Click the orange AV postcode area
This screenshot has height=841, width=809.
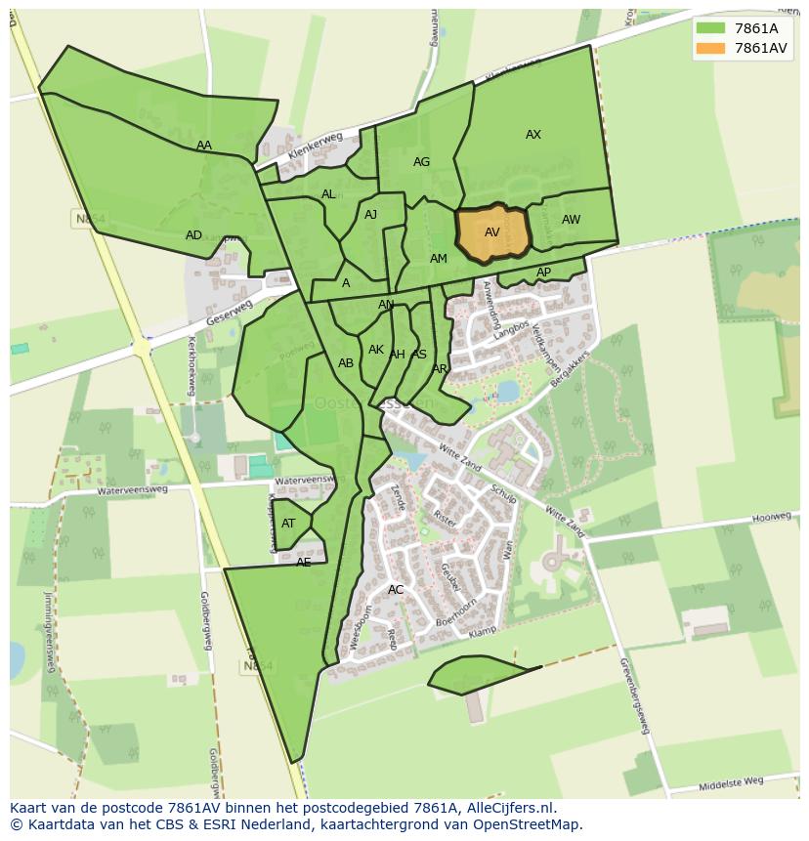(492, 233)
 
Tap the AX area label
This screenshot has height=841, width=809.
(533, 135)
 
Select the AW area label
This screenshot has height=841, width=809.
(571, 220)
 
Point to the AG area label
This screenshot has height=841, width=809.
(421, 162)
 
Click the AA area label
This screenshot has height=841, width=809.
(203, 146)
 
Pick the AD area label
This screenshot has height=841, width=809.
(193, 235)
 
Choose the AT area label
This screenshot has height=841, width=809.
(288, 524)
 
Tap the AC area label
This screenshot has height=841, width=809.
(396, 590)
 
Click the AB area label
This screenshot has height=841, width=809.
(346, 363)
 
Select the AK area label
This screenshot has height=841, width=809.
(376, 350)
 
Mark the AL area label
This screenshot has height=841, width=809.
(328, 194)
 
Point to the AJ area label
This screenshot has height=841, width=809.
(370, 215)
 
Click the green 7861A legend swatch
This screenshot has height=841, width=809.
(710, 28)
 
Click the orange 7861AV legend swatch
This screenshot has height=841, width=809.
(710, 48)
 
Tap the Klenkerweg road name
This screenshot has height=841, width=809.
(316, 150)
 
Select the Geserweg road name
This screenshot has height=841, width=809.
(230, 314)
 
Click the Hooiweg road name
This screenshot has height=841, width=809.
(771, 517)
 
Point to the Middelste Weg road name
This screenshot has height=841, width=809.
(731, 782)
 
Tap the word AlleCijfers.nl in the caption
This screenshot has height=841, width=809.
(507, 808)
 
